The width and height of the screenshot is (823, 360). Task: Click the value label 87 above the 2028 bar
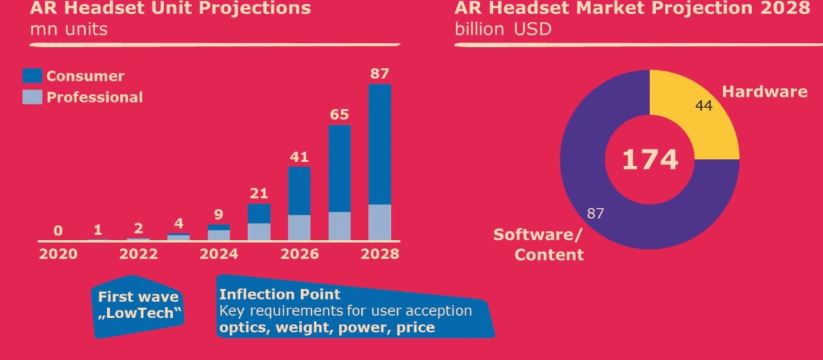(x=379, y=73)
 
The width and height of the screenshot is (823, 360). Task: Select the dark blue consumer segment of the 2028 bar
(x=379, y=145)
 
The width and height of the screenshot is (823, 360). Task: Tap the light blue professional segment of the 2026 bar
(x=299, y=227)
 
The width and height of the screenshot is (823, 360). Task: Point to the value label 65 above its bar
(x=339, y=114)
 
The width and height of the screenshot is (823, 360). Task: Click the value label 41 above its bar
(x=299, y=156)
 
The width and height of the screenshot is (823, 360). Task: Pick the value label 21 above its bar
(x=258, y=193)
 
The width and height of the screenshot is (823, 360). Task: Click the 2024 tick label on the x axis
(x=219, y=253)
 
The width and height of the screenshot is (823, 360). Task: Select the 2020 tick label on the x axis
(x=58, y=253)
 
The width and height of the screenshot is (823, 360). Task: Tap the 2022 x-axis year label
(x=138, y=253)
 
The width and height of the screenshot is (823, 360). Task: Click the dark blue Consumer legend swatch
(x=32, y=76)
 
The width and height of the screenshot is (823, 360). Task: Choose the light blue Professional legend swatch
(x=32, y=97)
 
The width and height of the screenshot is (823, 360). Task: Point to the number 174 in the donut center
(x=649, y=159)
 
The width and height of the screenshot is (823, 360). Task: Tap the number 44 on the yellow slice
(x=704, y=105)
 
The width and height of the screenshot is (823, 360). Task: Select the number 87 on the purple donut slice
(x=595, y=213)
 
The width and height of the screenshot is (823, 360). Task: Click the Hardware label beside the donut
(x=764, y=91)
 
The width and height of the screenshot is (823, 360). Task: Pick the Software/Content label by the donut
(x=539, y=244)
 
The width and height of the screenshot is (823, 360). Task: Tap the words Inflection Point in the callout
(x=280, y=294)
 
